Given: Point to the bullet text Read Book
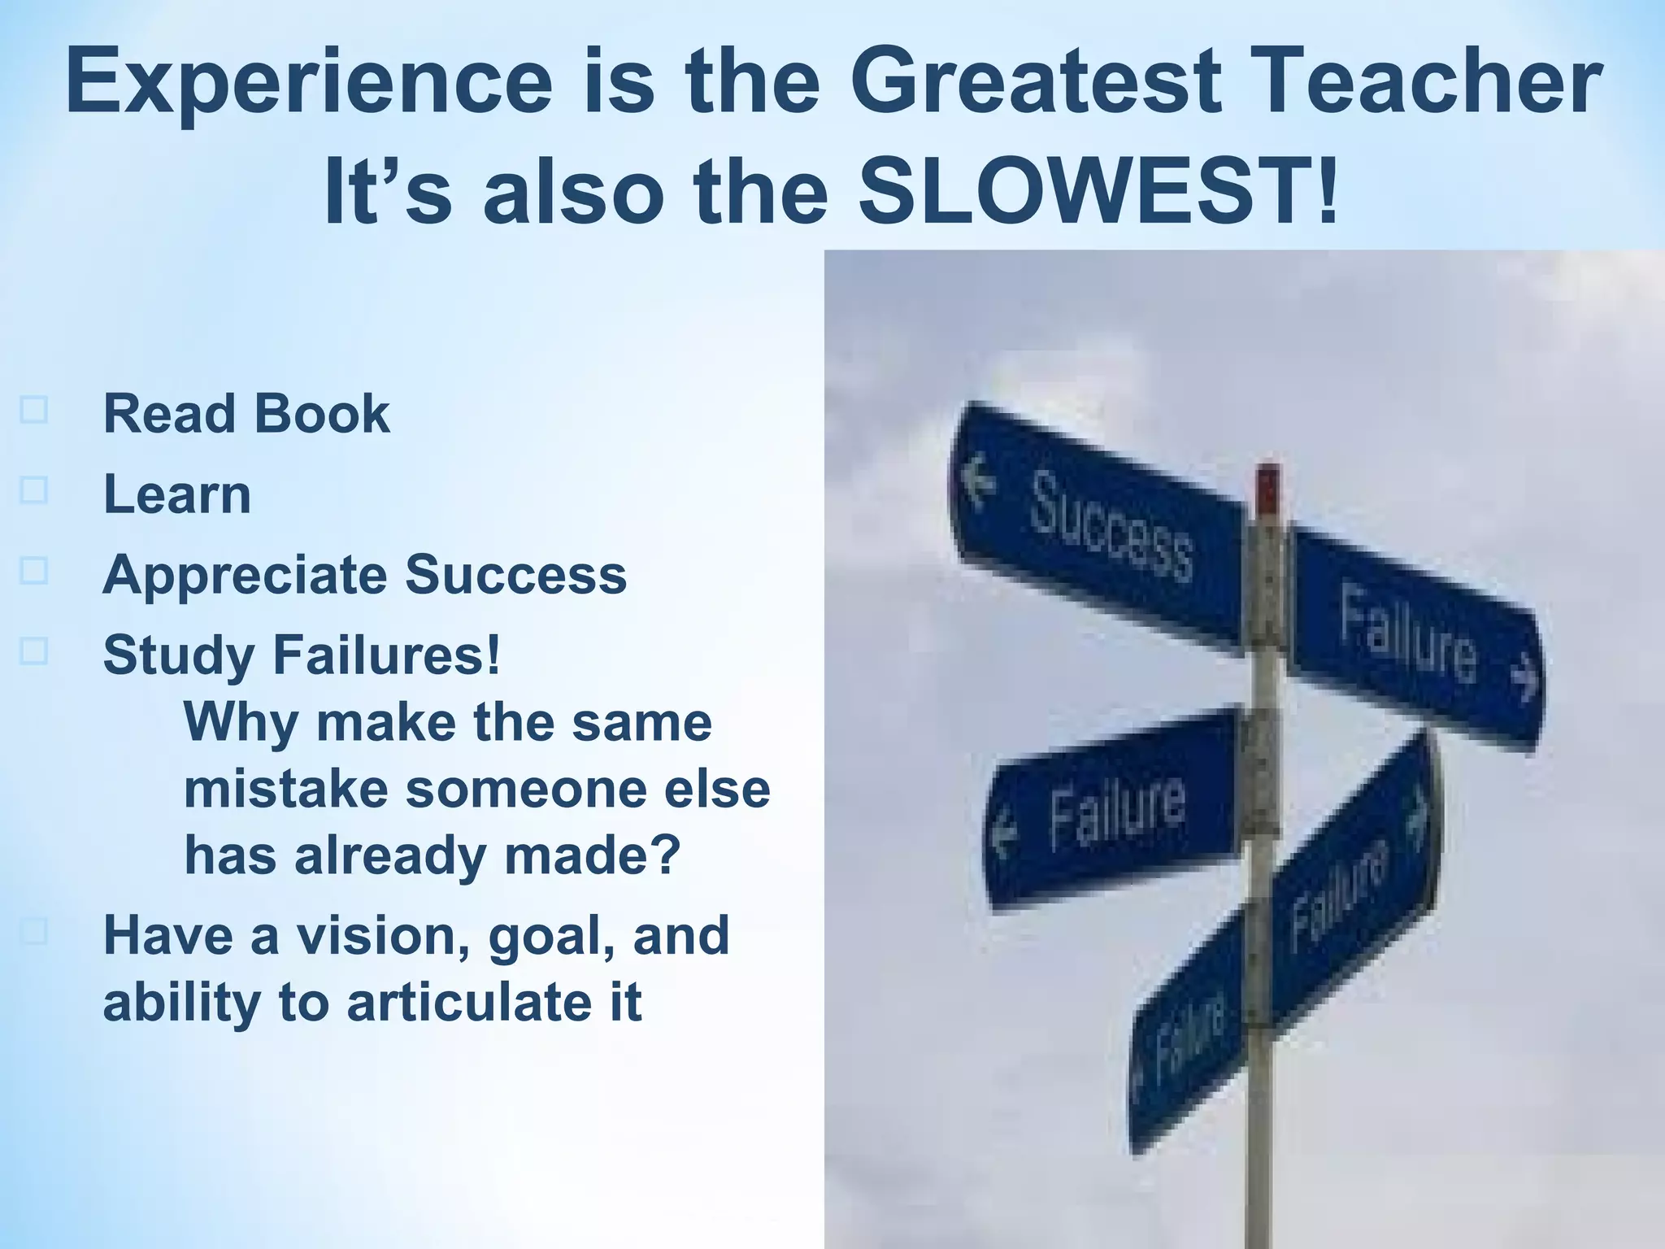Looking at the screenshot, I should tap(246, 414).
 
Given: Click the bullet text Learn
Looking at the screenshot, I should tap(177, 494).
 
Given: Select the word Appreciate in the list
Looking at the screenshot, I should tap(245, 576).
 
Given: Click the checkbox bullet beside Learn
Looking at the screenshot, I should tap(33, 490).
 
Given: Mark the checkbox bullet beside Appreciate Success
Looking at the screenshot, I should tap(33, 571).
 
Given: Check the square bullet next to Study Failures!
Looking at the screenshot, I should tap(33, 651).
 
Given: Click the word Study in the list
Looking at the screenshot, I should tap(179, 655).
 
